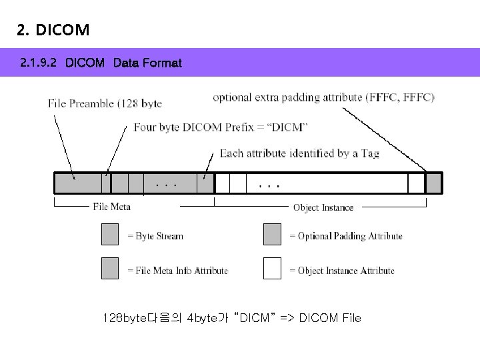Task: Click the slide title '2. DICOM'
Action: pos(53,30)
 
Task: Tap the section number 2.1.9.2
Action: pos(39,63)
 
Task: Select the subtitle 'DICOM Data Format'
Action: pos(123,63)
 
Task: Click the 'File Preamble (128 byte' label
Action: pos(105,103)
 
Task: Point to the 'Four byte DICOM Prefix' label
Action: pos(221,127)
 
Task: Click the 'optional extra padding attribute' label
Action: pos(323,97)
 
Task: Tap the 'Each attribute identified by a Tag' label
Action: pos(299,153)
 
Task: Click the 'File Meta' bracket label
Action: pos(111,207)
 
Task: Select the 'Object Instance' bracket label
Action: pos(323,207)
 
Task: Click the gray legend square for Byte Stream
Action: pos(110,235)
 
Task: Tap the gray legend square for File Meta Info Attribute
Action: pos(110,267)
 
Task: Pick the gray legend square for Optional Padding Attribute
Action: pos(272,235)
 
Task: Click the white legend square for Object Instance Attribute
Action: pos(272,267)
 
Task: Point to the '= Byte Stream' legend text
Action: pos(155,236)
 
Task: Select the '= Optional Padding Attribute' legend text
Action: pos(345,236)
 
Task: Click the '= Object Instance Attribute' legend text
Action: pos(341,271)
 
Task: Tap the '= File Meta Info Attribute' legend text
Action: pos(177,271)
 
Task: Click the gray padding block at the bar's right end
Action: pos(433,183)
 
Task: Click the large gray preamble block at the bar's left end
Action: pos(77,183)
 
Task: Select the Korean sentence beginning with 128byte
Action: pos(232,318)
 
